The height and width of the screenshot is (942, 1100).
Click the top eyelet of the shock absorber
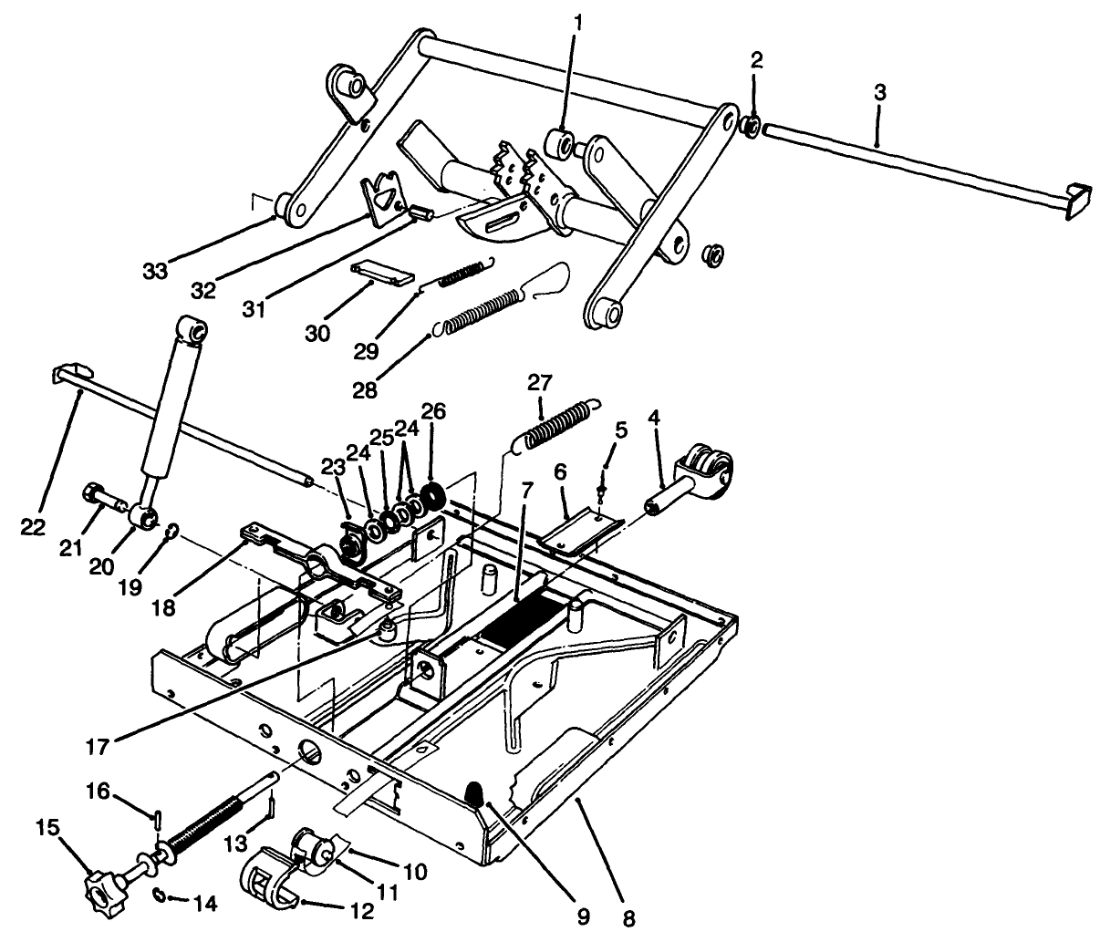point(192,328)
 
